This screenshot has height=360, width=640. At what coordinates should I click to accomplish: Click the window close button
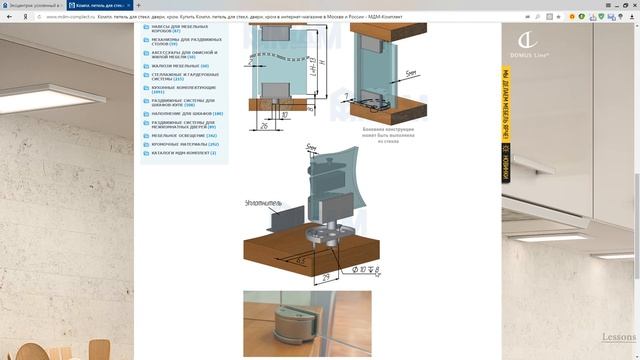pos(631,5)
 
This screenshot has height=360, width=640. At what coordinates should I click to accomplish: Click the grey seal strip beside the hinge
pos(283,214)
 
